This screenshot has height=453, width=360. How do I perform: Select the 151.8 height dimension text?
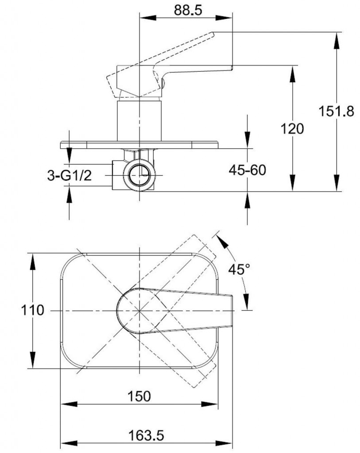pyautogui.click(x=337, y=111)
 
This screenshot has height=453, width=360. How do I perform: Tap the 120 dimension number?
pyautogui.click(x=293, y=129)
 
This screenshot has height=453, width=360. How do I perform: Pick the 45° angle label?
pyautogui.click(x=240, y=269)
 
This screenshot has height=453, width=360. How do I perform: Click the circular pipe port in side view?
pyautogui.click(x=139, y=174)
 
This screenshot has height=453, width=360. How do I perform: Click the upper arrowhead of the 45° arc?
pyautogui.click(x=221, y=238)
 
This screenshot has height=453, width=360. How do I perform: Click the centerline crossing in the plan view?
pyautogui.click(x=139, y=311)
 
